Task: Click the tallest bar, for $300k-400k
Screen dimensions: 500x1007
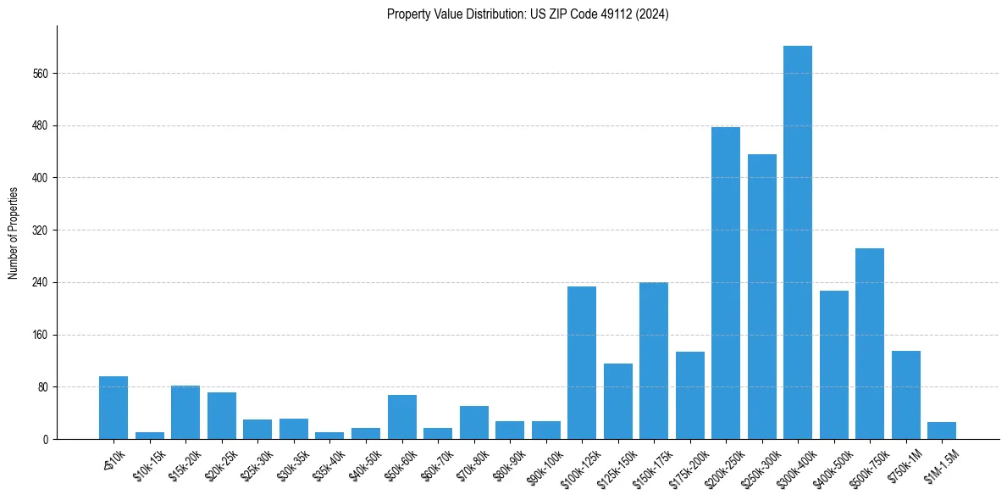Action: (x=798, y=242)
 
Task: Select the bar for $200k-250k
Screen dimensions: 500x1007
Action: (x=726, y=283)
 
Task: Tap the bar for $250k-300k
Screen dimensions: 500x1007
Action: (x=761, y=297)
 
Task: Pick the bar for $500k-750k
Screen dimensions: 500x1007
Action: (x=870, y=343)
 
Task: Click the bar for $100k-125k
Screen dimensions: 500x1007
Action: (x=582, y=363)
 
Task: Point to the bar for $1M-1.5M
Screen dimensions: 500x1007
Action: (x=942, y=431)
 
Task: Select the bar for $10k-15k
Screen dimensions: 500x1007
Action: (x=150, y=436)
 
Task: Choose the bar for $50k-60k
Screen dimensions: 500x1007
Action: (x=401, y=417)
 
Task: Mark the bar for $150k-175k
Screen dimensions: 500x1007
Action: (x=654, y=360)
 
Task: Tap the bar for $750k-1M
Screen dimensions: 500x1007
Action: (x=905, y=395)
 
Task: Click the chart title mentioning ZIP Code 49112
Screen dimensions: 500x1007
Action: (x=528, y=14)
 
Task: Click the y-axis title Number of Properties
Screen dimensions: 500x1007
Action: (x=14, y=232)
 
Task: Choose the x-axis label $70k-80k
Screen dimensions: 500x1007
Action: (x=471, y=464)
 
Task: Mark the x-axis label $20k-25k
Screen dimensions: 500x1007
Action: (x=219, y=464)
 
